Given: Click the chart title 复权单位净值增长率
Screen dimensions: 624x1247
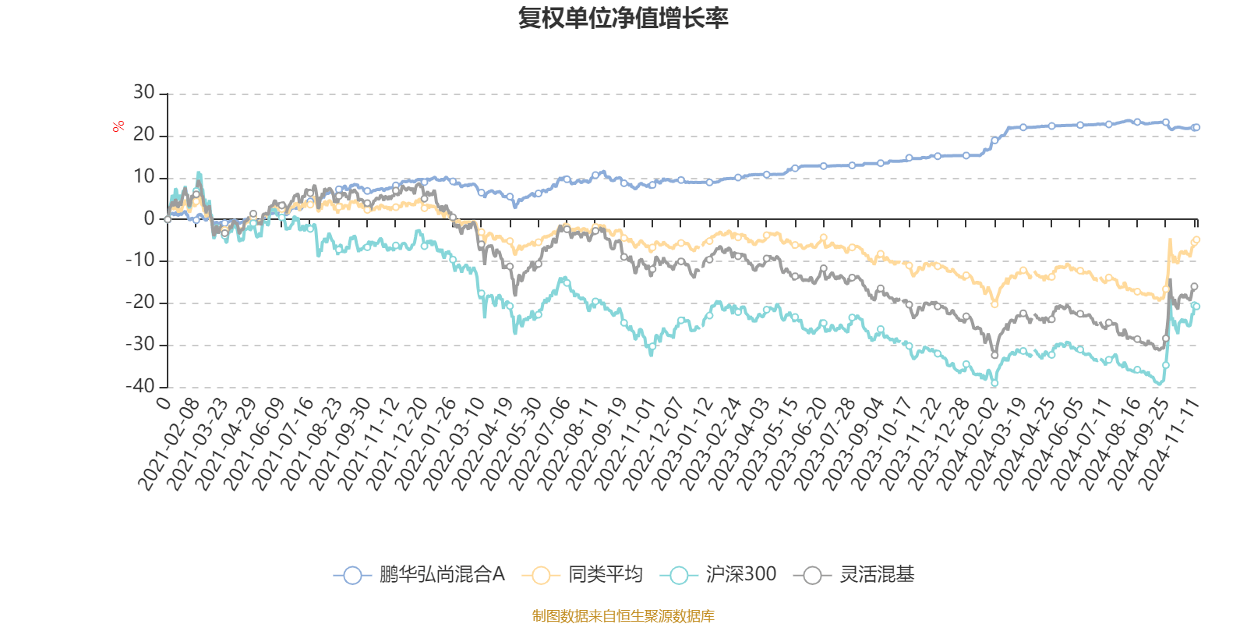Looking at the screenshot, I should pyautogui.click(x=623, y=18).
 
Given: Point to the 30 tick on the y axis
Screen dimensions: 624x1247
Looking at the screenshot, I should pyautogui.click(x=144, y=93).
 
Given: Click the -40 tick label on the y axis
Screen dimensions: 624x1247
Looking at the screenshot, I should pyautogui.click(x=140, y=386).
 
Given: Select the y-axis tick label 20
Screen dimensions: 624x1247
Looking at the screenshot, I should pyautogui.click(x=144, y=135).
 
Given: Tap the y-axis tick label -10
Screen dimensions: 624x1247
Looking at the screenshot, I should pyautogui.click(x=140, y=261).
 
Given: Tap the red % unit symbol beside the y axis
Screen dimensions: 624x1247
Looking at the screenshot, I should pyautogui.click(x=118, y=126).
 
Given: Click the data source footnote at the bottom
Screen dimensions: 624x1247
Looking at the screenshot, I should pyautogui.click(x=623, y=616).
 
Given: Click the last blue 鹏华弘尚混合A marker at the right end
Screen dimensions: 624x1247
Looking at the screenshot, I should pyautogui.click(x=1196, y=127).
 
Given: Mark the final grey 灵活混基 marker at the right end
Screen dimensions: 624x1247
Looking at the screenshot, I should pyautogui.click(x=1194, y=287).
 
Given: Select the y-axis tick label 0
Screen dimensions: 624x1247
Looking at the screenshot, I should pyautogui.click(x=149, y=219).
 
